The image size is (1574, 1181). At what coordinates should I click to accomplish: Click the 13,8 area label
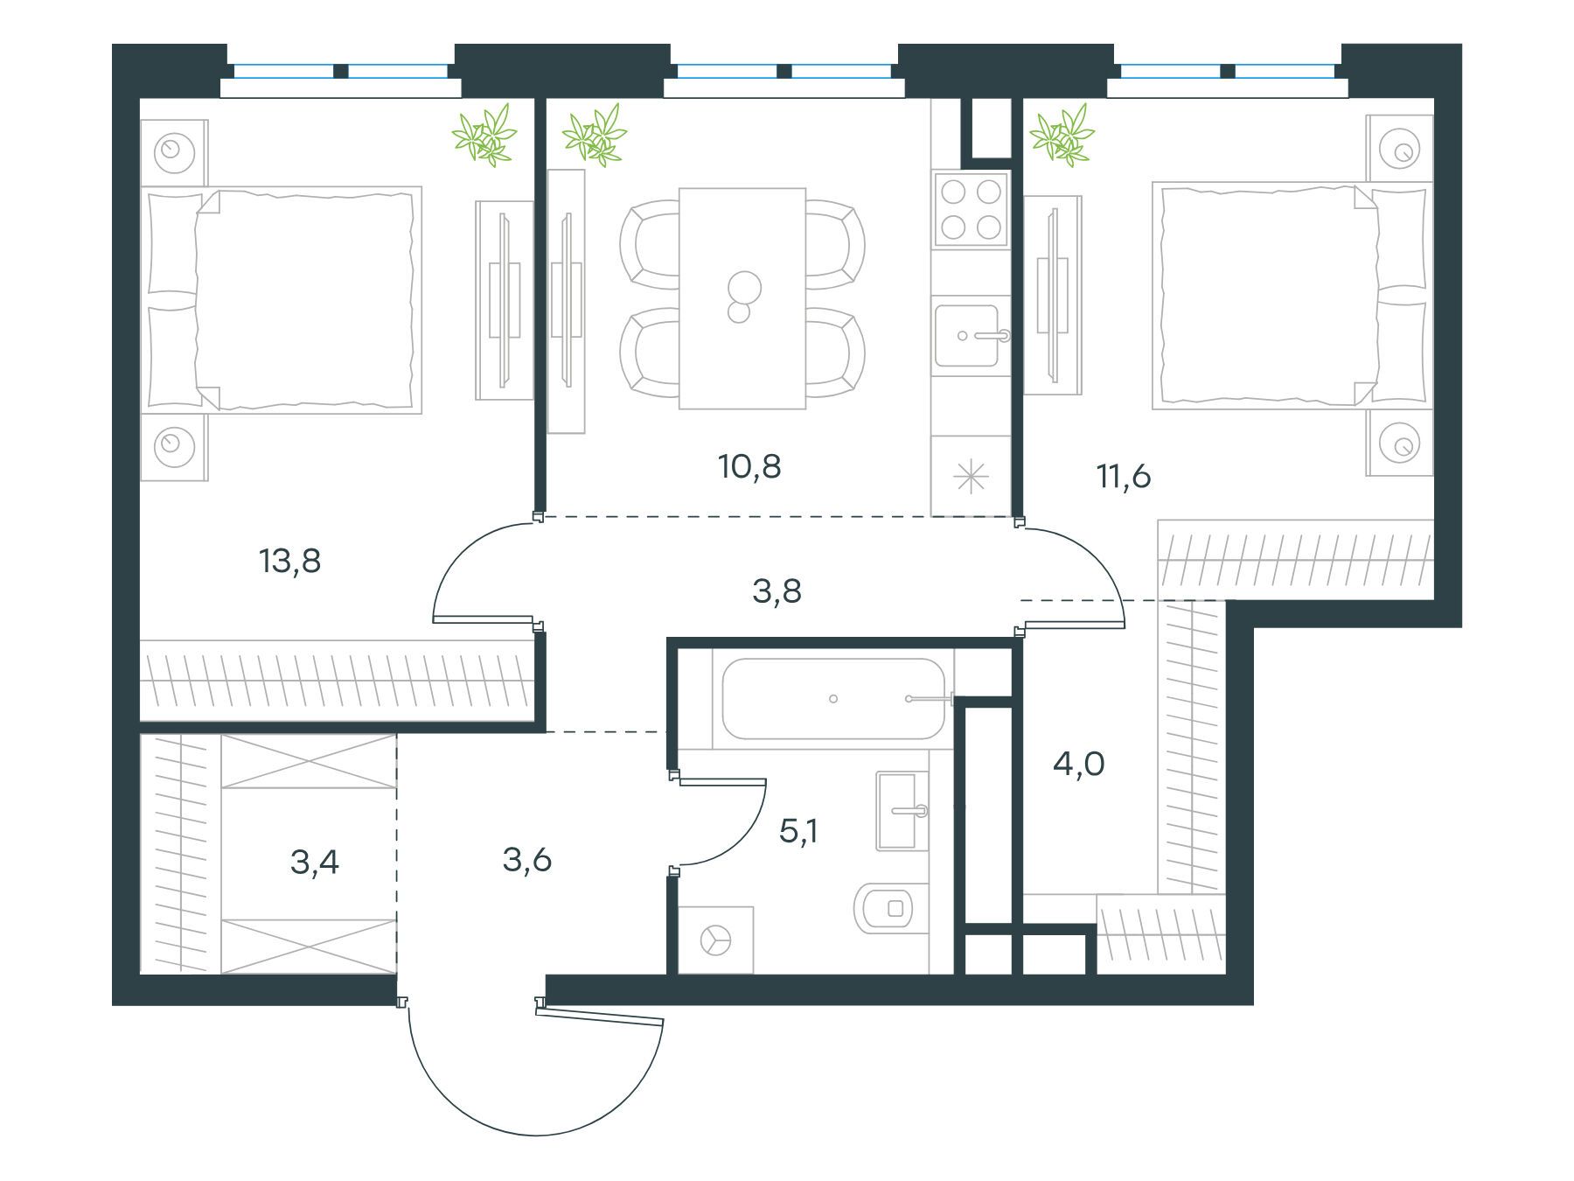click(x=290, y=562)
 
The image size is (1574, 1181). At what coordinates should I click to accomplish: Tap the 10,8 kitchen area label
click(x=749, y=467)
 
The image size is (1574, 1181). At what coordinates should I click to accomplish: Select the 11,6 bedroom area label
click(x=1124, y=477)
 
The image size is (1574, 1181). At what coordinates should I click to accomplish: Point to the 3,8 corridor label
click(x=777, y=592)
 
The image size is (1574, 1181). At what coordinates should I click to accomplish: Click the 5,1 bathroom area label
click(x=798, y=831)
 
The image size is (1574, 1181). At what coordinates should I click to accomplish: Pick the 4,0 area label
click(x=1079, y=765)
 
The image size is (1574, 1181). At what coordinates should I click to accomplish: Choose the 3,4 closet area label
click(x=315, y=863)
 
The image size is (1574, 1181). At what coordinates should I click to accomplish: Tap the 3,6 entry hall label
click(x=527, y=861)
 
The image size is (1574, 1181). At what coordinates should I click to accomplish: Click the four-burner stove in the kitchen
click(x=971, y=208)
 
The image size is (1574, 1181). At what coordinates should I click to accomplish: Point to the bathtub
click(x=832, y=699)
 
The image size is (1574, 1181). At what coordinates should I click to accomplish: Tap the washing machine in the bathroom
click(x=715, y=940)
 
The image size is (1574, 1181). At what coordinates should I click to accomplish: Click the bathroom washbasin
click(x=902, y=811)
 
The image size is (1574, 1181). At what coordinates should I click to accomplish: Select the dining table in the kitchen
click(x=742, y=298)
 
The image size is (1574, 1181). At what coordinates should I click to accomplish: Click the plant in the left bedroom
click(x=484, y=135)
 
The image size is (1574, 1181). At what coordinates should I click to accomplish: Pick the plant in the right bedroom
click(x=1062, y=135)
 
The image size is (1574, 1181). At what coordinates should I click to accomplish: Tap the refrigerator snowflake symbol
click(x=971, y=478)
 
